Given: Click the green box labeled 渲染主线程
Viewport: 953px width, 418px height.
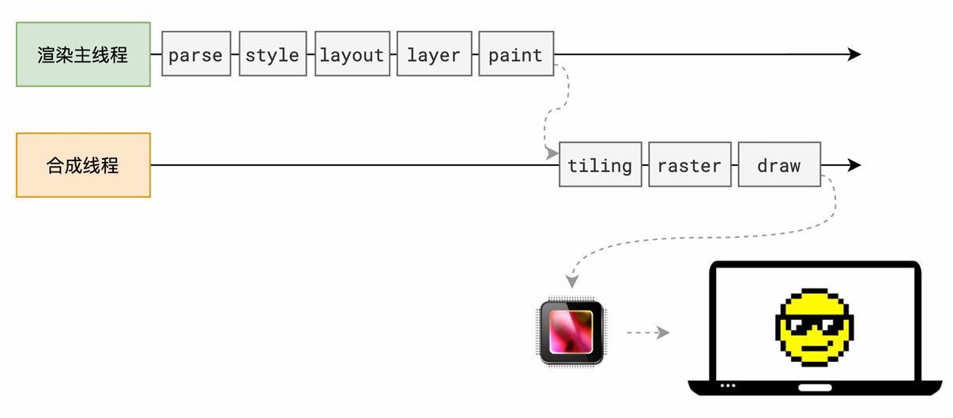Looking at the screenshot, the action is (84, 55).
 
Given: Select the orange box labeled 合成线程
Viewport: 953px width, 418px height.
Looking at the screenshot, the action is (84, 165).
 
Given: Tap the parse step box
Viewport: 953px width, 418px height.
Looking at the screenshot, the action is (196, 54).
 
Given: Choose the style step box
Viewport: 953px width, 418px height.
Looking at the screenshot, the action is (273, 54).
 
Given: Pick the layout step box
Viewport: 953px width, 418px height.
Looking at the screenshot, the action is (352, 54).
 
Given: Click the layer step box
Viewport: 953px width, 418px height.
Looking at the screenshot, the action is (435, 54).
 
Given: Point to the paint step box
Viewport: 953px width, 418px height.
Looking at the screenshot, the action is (516, 54).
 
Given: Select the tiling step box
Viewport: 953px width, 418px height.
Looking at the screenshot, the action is (601, 164).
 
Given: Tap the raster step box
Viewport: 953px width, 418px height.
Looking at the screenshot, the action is (690, 164).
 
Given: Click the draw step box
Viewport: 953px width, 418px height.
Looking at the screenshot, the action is (779, 164).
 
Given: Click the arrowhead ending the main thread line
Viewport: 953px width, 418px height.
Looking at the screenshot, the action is (854, 55).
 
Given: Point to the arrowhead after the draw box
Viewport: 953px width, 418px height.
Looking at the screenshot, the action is (854, 165).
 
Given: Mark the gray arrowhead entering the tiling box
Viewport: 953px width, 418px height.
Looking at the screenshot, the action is (552, 153).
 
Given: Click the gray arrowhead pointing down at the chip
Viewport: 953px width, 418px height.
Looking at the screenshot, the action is (572, 281).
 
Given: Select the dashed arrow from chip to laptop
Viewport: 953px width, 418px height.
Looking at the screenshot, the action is (648, 333).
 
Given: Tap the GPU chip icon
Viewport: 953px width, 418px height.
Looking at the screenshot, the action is (571, 332).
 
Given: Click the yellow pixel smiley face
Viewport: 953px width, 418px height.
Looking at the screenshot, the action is (814, 327).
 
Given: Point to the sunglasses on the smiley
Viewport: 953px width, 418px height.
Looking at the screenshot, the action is (814, 325).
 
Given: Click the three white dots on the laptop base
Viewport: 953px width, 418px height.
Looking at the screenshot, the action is (728, 386).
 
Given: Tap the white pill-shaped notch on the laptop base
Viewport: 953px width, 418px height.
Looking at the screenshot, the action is (815, 387).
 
